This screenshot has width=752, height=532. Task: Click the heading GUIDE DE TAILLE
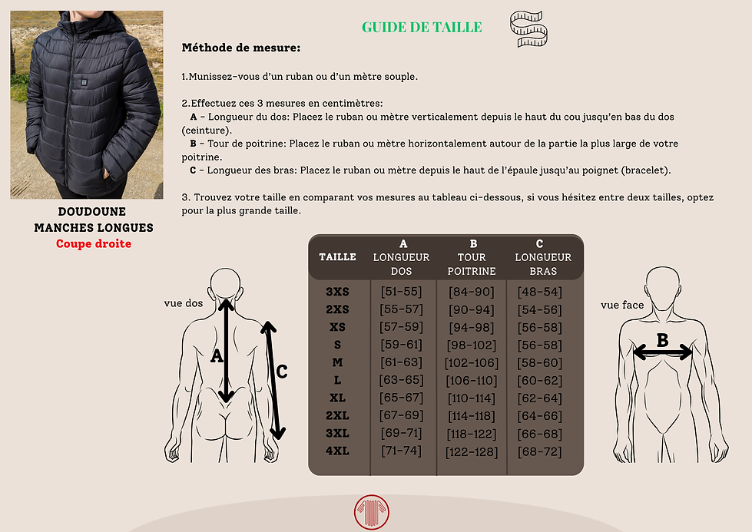coord(422,28)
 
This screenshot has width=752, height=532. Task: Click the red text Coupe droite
coord(94,243)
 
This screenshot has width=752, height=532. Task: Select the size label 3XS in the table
coord(337,292)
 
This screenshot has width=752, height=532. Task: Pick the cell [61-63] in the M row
coord(401,362)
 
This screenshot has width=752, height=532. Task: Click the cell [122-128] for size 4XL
coord(472,451)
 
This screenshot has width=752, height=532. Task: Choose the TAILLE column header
coord(337,257)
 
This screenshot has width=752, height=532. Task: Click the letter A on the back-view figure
coord(216,355)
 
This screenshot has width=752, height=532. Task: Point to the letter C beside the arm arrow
coord(281,372)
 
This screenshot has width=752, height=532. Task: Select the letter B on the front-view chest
coord(662,339)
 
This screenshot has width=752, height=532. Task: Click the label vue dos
coord(184,303)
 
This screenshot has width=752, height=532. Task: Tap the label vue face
coord(622,305)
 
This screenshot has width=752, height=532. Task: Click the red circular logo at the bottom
coord(372,513)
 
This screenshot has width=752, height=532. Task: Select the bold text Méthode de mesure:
coord(240,48)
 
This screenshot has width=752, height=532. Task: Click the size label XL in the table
coord(337,398)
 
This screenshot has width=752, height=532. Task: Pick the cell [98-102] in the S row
coord(472,345)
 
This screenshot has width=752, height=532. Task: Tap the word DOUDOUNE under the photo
coord(92,211)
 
